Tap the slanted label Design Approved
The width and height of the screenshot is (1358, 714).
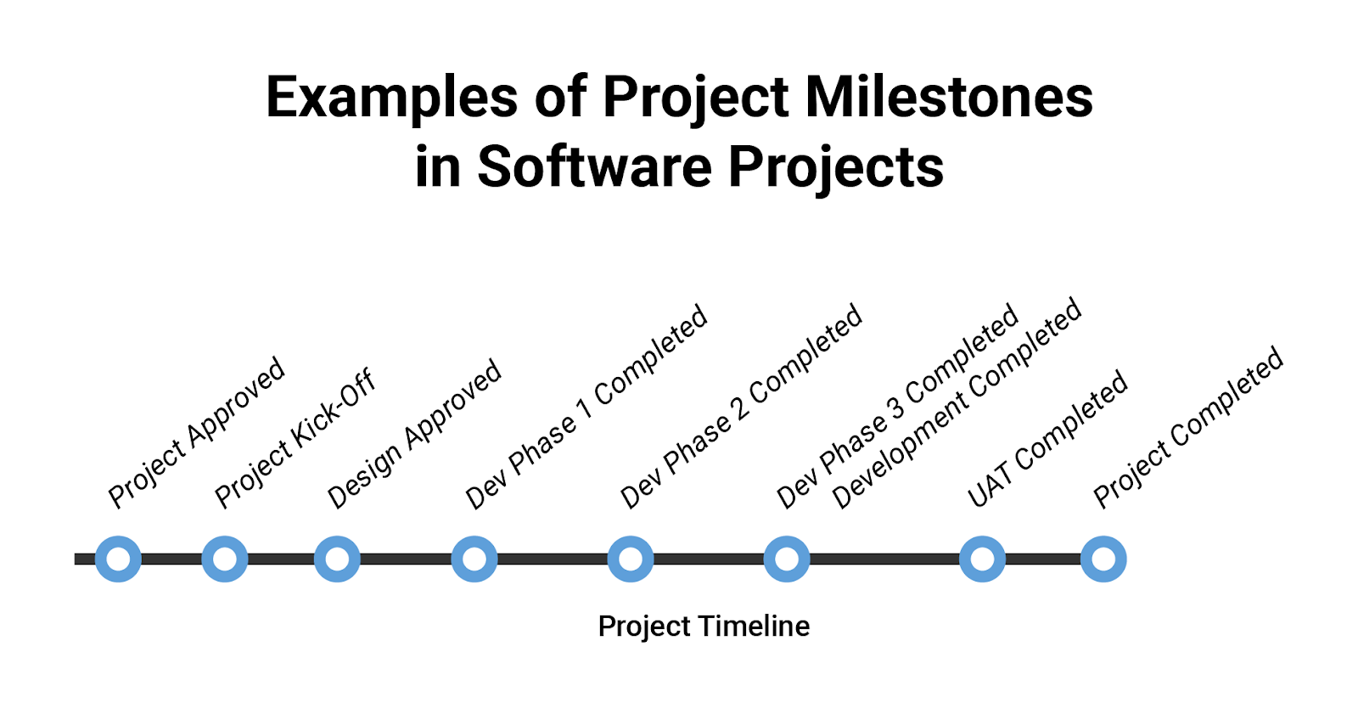414,435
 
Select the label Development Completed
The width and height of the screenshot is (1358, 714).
957,403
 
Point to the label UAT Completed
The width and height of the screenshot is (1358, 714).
1047,439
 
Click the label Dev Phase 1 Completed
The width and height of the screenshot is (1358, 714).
586,407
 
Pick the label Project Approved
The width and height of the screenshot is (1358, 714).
196,432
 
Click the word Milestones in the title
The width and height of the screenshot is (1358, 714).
949,97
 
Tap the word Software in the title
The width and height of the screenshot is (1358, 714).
595,166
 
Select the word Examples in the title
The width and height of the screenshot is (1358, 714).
391,98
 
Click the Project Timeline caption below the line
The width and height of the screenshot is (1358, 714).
704,626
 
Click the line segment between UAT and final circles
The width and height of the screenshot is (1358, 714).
1043,559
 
